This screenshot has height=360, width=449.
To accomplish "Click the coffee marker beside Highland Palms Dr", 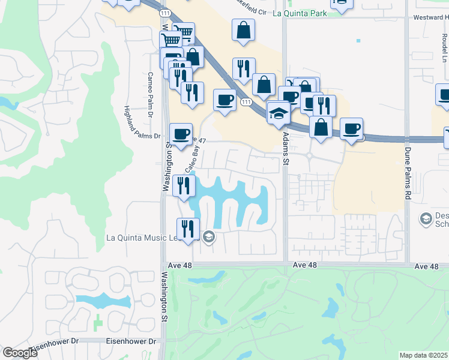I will [x=180, y=134].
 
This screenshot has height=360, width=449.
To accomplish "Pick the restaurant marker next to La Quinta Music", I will [x=188, y=229].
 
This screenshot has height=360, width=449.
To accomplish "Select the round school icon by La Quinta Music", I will [x=208, y=237].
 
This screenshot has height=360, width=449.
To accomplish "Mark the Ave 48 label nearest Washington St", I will [x=204, y=265].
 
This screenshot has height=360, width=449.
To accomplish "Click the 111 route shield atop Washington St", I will [x=164, y=12].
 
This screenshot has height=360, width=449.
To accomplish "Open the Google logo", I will [x=20, y=353].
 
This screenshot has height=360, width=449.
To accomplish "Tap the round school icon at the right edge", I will [x=426, y=220].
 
